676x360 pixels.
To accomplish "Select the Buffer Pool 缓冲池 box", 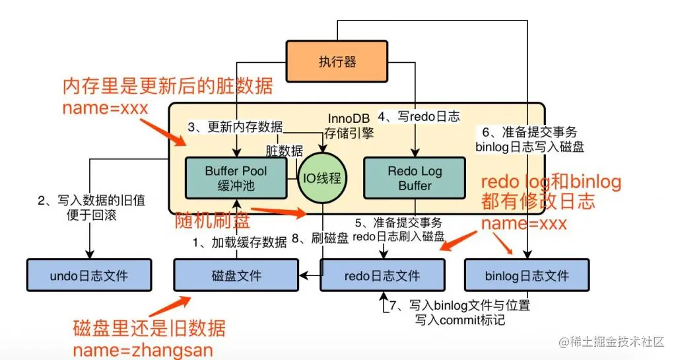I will [x=236, y=178].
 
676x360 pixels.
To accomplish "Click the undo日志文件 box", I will [x=88, y=275].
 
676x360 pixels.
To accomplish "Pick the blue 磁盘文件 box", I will [x=236, y=275].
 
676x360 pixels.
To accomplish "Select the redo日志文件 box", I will [x=382, y=275].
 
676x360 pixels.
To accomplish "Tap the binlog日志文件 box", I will [x=526, y=275].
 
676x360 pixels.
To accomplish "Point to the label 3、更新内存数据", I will [x=235, y=127].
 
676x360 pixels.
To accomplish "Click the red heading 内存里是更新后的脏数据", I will [x=167, y=87].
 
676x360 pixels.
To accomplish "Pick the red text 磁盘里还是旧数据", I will [x=149, y=328].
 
